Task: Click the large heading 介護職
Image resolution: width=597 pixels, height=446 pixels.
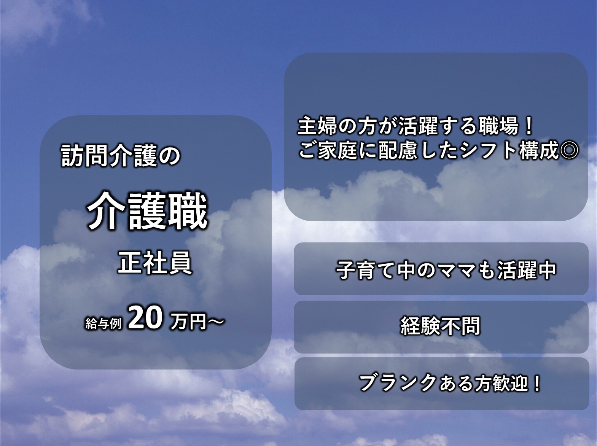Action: [147, 211]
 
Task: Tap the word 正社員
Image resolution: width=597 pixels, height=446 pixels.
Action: [155, 262]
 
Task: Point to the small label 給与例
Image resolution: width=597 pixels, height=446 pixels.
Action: [103, 323]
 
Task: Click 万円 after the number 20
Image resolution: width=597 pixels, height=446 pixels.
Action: [188, 322]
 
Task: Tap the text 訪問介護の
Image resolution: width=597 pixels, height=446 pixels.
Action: [121, 155]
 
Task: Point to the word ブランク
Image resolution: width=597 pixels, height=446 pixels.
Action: [398, 382]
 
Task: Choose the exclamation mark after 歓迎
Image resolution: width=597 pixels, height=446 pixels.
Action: [537, 383]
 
